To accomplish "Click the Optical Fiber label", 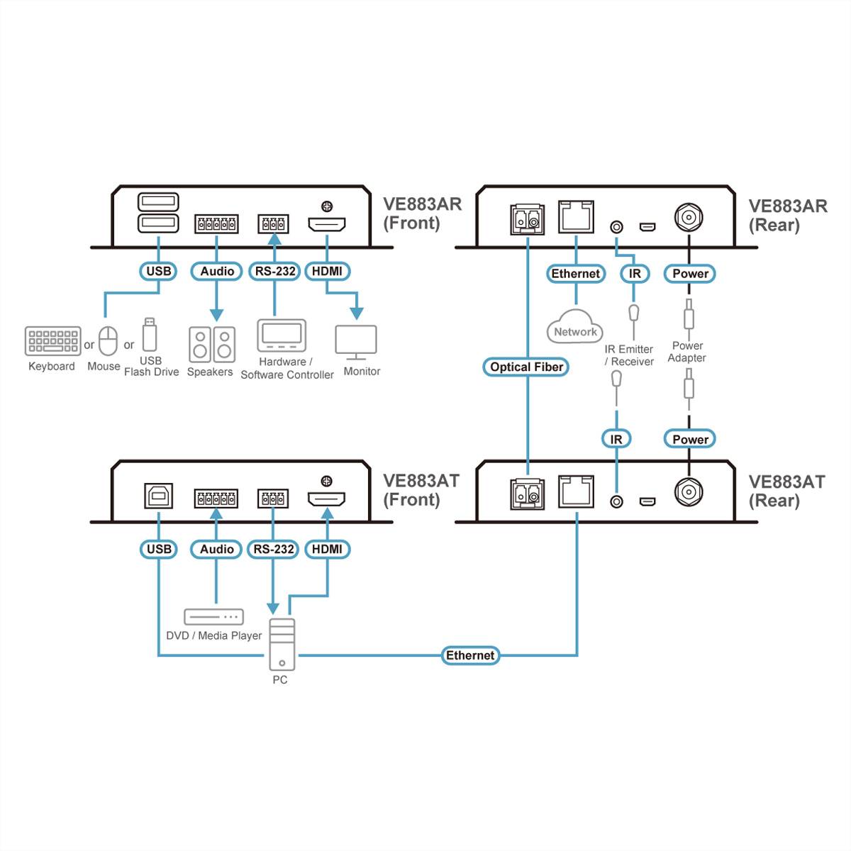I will click(x=526, y=367).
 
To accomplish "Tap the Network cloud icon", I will click(x=575, y=328).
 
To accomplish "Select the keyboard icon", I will click(x=52, y=340).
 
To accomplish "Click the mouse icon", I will click(x=108, y=341).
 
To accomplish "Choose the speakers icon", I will click(x=212, y=345).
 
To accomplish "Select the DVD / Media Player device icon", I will click(x=213, y=616).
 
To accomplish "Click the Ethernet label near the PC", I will click(x=469, y=655).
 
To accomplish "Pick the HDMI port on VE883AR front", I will click(x=327, y=225).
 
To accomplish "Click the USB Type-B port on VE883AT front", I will click(x=158, y=496).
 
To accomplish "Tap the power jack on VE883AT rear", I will click(x=688, y=491).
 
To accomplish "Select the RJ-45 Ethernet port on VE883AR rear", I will click(x=576, y=216).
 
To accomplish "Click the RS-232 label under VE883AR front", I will click(x=274, y=271).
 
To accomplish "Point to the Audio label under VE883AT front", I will click(x=216, y=549).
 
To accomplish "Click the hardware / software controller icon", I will click(x=282, y=335).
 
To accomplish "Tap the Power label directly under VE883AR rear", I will click(x=690, y=274).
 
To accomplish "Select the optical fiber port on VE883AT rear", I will click(x=527, y=494).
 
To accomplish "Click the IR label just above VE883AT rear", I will click(x=616, y=439).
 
